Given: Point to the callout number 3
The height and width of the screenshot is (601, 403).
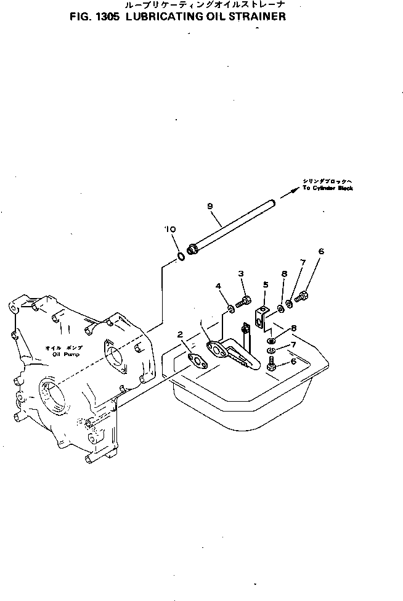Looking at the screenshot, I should click(x=242, y=273).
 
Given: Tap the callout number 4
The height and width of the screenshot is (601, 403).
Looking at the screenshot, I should click(x=218, y=286).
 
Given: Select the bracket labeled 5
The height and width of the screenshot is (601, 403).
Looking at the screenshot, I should click(x=261, y=315).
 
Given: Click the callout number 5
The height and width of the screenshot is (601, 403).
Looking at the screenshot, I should click(x=266, y=284).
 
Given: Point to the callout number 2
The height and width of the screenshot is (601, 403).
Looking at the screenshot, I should click(x=180, y=334).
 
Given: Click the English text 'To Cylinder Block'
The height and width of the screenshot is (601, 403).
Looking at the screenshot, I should click(x=327, y=188).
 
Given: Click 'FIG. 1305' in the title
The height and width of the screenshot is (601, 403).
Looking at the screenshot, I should click(x=97, y=17).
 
